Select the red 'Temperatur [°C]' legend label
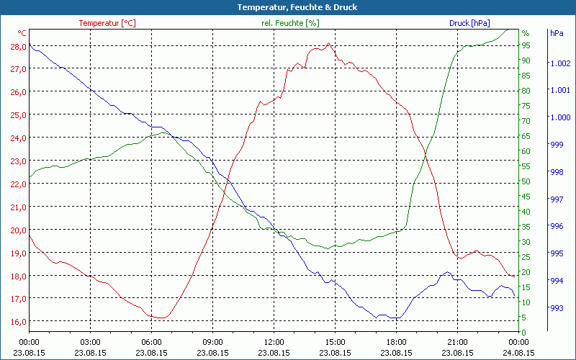point(107,23)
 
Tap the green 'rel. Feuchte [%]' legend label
point(290,23)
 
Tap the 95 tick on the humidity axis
point(526,45)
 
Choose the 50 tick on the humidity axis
point(526,181)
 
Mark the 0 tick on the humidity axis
point(524,332)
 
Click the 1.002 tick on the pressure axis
point(559,63)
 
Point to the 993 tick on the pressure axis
point(557,308)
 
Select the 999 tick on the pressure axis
point(557,145)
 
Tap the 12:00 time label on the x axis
point(274,342)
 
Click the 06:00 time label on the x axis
point(151,342)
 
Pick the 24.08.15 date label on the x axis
point(518,353)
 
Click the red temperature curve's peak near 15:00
point(328,44)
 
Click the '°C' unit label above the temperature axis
point(22,33)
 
